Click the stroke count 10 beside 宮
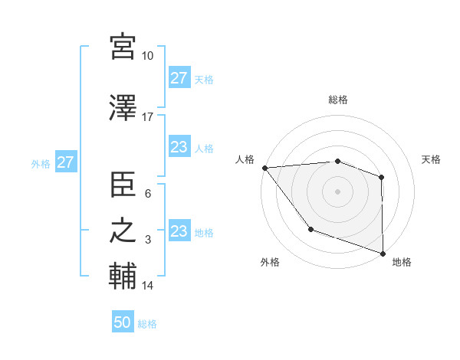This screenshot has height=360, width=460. pyautogui.click(x=148, y=56)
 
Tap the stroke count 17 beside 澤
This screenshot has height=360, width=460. pyautogui.click(x=148, y=117)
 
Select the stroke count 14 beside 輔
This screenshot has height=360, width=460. pyautogui.click(x=148, y=286)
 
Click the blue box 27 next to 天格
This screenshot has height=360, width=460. pyautogui.click(x=179, y=78)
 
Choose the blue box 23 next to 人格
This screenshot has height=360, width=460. pyautogui.click(x=179, y=147)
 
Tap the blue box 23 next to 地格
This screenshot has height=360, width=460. pyautogui.click(x=179, y=231)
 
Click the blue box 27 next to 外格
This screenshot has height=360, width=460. pyautogui.click(x=65, y=162)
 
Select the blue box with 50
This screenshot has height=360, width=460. pyautogui.click(x=123, y=322)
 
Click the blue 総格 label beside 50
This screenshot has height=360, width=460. pyautogui.click(x=147, y=324)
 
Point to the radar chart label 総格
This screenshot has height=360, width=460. pyautogui.click(x=338, y=100)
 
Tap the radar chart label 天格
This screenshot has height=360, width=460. pyautogui.click(x=432, y=159)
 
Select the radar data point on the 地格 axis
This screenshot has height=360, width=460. pyautogui.click(x=383, y=253)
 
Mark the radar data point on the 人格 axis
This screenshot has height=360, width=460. pyautogui.click(x=264, y=168)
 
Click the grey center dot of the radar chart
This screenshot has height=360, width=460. pyautogui.click(x=337, y=191)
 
